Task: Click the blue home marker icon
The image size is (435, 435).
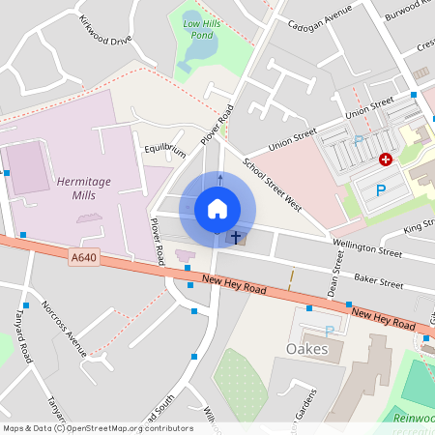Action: pos(217,208)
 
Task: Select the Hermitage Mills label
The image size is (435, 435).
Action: pos(84,188)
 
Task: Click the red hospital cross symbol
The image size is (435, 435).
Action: pos(386,159)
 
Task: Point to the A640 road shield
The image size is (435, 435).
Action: pos(83,256)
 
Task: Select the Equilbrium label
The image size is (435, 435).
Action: pos(164,151)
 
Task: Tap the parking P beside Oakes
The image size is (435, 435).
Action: pos(329,331)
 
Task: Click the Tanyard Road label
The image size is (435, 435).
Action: pos(23,339)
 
